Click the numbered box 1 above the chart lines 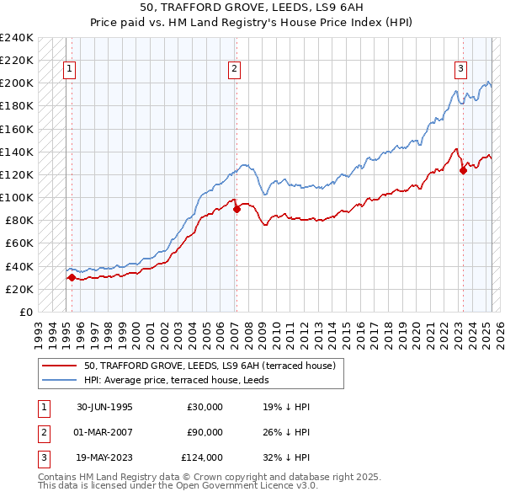point(68,70)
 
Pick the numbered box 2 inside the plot point(234,70)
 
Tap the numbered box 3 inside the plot point(461,70)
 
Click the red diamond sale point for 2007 point(237,209)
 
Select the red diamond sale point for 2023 point(463,170)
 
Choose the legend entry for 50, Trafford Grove point(210,366)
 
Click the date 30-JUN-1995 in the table point(104,407)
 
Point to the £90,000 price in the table point(205,432)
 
